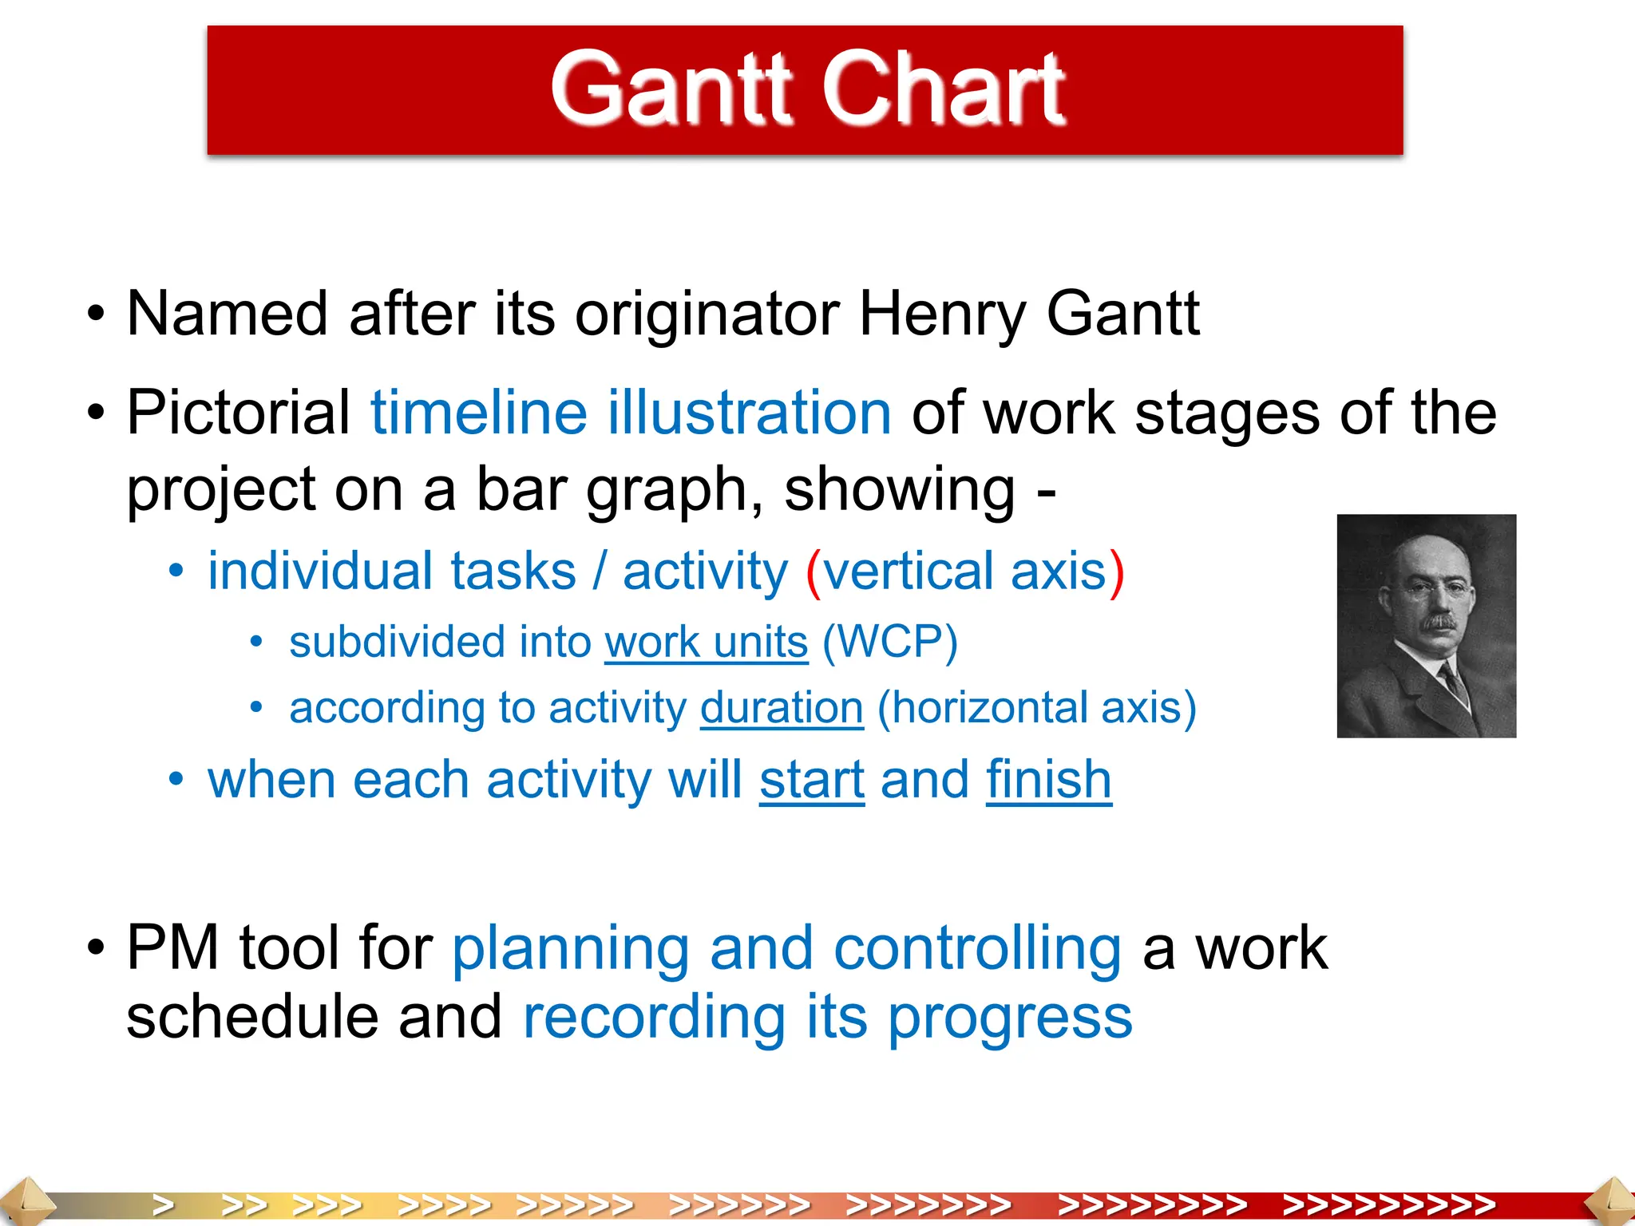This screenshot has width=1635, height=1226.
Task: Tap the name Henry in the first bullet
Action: pos(942,314)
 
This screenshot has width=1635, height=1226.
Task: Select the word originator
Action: pos(707,314)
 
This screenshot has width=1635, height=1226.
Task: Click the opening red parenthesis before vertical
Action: pos(814,572)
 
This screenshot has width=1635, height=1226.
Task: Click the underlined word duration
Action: pos(782,708)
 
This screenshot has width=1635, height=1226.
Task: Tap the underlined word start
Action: pos(812,780)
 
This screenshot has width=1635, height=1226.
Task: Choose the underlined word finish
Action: pos(1048,780)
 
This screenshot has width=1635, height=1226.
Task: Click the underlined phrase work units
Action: pos(707,643)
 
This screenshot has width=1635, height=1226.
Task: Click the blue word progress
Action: pos(1010,1018)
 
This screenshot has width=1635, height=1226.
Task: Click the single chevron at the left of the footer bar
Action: pos(163,1204)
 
